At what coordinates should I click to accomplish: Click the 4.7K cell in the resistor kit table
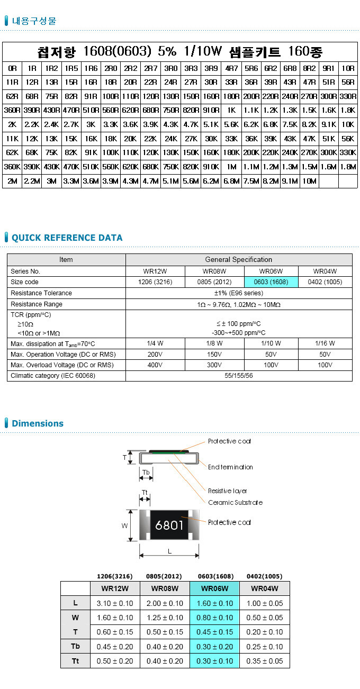(x=191, y=124)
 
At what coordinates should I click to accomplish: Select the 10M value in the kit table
(x=309, y=181)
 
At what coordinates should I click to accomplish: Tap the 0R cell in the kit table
(x=12, y=68)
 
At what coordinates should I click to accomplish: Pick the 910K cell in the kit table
(x=211, y=167)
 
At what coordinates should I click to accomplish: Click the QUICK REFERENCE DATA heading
(x=67, y=238)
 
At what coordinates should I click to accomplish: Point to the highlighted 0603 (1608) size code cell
(x=271, y=282)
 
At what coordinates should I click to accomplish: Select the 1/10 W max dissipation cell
(x=271, y=343)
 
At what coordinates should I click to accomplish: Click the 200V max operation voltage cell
(x=155, y=354)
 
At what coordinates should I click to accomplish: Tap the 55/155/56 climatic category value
(x=239, y=376)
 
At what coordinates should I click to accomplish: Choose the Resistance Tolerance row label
(x=41, y=293)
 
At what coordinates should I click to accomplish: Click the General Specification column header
(x=239, y=260)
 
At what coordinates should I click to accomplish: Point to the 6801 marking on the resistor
(x=169, y=525)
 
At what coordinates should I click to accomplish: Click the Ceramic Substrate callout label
(x=235, y=503)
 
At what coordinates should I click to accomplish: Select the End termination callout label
(x=230, y=467)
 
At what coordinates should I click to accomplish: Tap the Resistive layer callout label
(x=227, y=491)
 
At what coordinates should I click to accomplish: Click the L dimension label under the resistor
(x=169, y=551)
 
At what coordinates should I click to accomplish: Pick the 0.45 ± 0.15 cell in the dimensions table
(x=214, y=632)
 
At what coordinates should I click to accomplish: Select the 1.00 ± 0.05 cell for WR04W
(x=265, y=603)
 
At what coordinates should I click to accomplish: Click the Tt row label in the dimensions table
(x=76, y=661)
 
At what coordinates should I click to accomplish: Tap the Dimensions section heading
(x=37, y=423)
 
